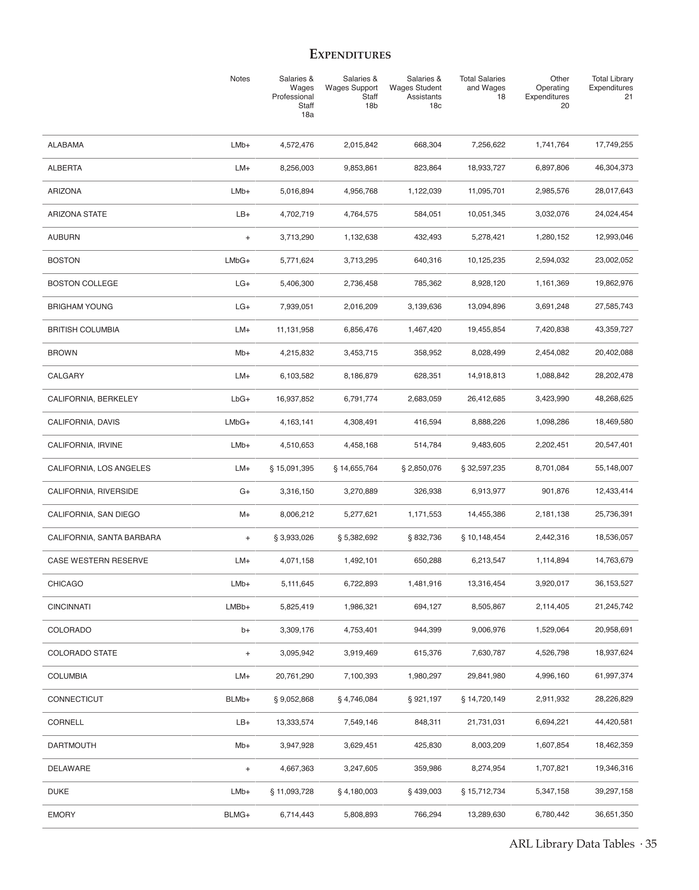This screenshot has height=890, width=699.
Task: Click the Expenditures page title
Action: coord(350,54)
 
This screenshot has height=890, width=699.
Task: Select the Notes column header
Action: coord(240,79)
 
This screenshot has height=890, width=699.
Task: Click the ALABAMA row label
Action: coord(66,145)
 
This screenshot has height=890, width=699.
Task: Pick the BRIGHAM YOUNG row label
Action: coord(80,307)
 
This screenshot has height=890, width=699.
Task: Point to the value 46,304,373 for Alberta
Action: coord(613,168)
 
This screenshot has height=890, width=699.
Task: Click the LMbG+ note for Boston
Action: coord(237,260)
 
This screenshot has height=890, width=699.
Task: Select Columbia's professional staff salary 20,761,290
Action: coord(295,676)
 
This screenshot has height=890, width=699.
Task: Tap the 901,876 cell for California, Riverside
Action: coord(555,491)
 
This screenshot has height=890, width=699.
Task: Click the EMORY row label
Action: coord(61,815)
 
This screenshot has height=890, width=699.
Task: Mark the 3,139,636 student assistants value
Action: coord(424,307)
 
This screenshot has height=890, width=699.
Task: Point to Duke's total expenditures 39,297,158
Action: coord(613,791)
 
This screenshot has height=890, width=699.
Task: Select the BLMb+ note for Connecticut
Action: coord(238,699)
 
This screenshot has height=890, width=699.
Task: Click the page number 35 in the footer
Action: coord(651,844)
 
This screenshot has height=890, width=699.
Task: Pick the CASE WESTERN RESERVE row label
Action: coord(98,560)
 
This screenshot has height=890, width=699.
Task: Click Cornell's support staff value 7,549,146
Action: coord(360,722)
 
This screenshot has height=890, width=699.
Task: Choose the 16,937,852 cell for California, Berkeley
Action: coord(295,399)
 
